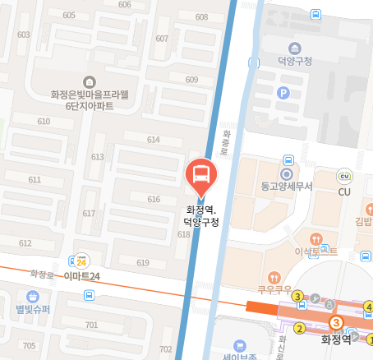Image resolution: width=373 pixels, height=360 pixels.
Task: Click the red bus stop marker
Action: [201, 173]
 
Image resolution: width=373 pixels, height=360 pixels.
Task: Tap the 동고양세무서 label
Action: [287, 187]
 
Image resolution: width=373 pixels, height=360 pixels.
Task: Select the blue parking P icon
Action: [284, 93]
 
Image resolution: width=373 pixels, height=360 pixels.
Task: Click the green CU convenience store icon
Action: [345, 175]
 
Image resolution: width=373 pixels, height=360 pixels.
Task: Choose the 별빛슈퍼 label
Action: [33, 309]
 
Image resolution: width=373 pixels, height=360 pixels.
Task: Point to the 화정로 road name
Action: [41, 272]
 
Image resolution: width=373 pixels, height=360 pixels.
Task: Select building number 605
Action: [68, 16]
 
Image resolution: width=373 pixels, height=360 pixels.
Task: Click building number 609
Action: [192, 80]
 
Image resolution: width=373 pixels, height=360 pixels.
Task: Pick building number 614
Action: [154, 140]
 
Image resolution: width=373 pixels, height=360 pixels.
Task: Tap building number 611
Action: [35, 179]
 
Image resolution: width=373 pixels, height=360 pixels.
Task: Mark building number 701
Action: [91, 325]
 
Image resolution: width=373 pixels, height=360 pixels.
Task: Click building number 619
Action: [143, 263]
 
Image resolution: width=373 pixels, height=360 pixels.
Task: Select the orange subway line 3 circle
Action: [335, 323]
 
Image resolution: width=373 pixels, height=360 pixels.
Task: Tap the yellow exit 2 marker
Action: [300, 329]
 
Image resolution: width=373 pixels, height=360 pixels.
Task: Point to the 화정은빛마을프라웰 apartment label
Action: [90, 94]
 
